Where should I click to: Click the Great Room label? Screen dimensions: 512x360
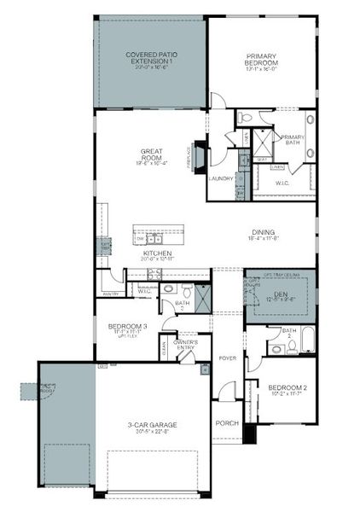point(153,156)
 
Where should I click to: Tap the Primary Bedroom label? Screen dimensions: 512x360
point(261,62)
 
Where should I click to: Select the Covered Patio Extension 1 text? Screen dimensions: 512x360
point(149,59)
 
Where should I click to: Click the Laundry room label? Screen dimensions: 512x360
point(220,178)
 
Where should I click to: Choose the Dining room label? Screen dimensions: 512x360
point(263,233)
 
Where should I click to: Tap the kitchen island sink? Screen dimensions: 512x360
point(148,238)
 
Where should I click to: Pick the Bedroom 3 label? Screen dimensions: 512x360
point(127,327)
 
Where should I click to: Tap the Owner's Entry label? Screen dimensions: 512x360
point(187,344)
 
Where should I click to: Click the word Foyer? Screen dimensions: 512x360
point(227,358)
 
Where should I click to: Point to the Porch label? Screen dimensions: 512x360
point(226,422)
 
